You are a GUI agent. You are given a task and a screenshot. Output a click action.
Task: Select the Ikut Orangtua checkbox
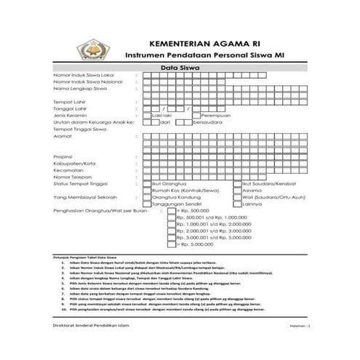pyautogui.click(x=145, y=185)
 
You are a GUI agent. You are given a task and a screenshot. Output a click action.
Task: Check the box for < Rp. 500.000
pyautogui.click(x=171, y=211)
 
